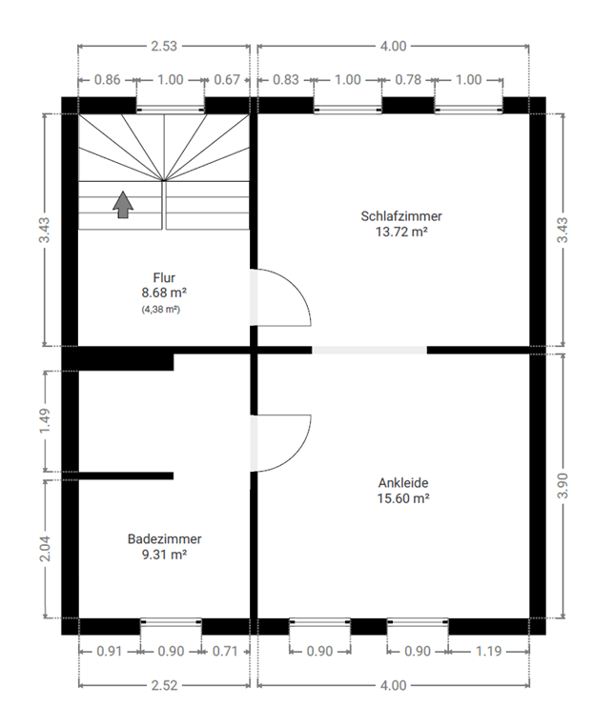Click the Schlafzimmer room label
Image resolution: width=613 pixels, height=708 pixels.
pos(401,216)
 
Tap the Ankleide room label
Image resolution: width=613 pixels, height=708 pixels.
pos(403,483)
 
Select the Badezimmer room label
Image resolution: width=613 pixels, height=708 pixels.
pos(164,538)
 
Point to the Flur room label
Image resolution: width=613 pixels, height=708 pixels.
pos(164,277)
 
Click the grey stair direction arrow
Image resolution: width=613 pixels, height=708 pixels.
pos(123,205)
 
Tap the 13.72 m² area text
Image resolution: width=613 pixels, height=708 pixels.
pos(401,232)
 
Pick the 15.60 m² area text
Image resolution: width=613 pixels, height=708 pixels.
pos(403,498)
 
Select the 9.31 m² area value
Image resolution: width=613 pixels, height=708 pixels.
pos(164,554)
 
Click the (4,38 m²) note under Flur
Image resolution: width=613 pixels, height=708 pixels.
pos(161,310)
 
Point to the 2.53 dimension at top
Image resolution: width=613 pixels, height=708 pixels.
pos(164,46)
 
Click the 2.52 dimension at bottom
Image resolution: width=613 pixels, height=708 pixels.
pos(164,685)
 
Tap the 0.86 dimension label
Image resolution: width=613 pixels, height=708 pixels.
pos(107,80)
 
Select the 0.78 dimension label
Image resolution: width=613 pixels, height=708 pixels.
pos(408,80)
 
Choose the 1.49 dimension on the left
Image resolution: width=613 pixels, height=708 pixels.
pos(45,421)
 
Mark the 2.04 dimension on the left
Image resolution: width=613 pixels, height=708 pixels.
pos(45,549)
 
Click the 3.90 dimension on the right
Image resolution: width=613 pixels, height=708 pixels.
pos(562,486)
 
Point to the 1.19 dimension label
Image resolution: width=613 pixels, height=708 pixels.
pos(488,651)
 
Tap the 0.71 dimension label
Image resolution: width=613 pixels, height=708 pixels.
pos(225,651)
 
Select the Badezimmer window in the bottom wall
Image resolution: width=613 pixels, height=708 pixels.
pos(171,621)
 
